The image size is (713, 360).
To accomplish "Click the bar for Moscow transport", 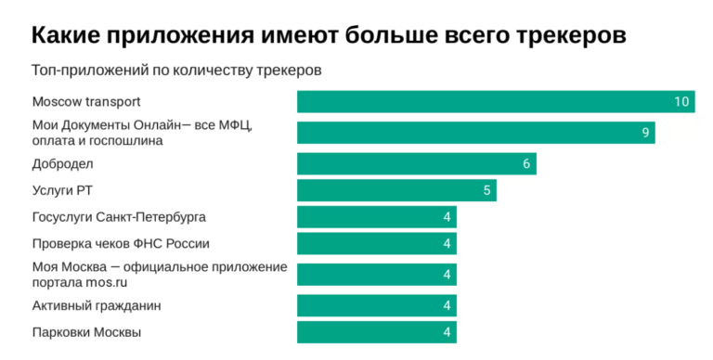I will pos(495,102).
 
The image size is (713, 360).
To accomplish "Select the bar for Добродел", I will pos(416,164).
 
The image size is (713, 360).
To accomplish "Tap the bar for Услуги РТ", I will pos(396,191).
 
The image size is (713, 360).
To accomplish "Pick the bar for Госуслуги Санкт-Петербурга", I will pos(377,217).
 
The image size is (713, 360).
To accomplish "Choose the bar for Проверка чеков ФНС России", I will pos(377,244).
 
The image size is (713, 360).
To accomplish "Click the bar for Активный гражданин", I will pos(377,306).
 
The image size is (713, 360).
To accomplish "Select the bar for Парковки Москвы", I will pos(377,332).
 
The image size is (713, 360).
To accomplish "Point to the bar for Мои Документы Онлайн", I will pos(475,133).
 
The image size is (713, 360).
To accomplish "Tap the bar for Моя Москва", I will pos(377,275).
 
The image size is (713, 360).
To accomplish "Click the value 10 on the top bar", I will pos(682,102).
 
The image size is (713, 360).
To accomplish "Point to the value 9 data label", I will pos(644,133).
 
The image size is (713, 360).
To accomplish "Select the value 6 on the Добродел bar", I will pos(526,164).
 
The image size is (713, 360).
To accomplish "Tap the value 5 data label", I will pos(486,191).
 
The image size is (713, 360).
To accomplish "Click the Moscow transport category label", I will pos(86,102).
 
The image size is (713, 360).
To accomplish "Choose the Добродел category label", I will pos(63,164).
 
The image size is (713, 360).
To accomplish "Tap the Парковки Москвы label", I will pos(87,332).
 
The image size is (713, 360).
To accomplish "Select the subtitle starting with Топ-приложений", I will pos(176,71).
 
